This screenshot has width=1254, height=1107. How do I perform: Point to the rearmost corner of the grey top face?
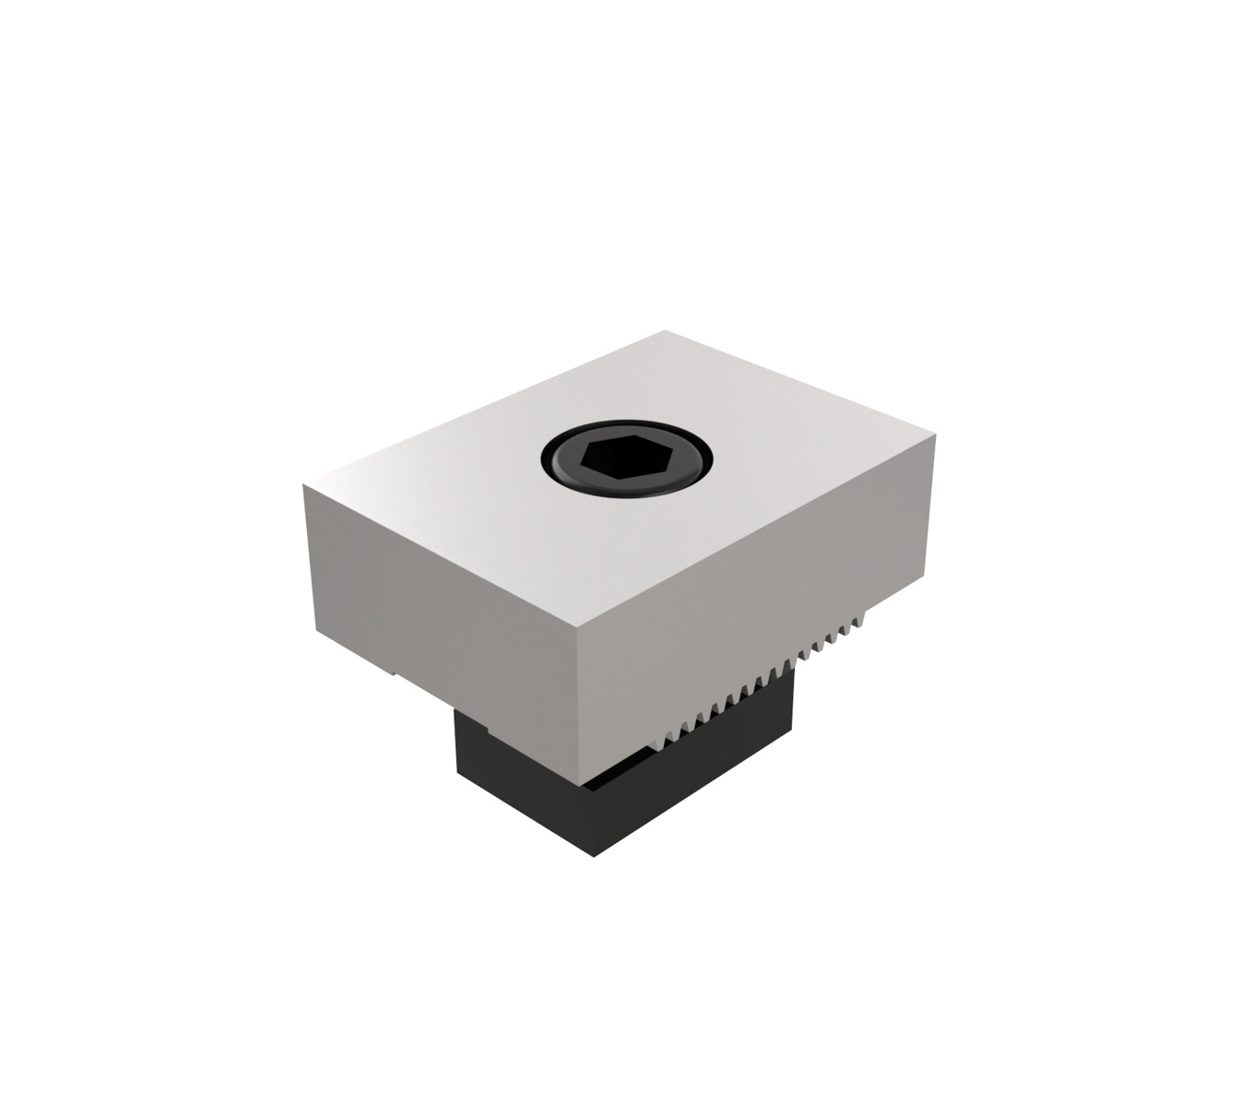tap(665, 331)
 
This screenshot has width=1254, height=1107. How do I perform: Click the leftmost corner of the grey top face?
tap(304, 486)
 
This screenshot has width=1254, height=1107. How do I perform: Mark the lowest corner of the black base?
tap(595, 855)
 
